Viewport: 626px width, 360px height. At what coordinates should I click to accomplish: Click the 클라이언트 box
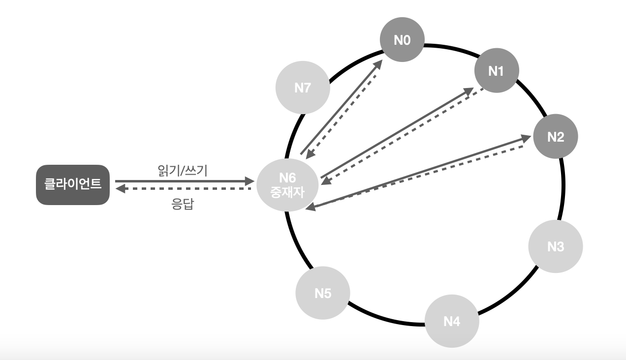point(72,185)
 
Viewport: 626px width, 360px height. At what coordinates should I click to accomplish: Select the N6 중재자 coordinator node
point(284,185)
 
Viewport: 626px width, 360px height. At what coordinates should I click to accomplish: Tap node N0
point(402,40)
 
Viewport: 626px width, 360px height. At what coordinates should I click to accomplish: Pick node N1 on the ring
point(496,71)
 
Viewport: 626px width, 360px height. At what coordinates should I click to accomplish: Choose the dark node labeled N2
point(556,137)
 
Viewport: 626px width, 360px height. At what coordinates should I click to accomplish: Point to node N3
point(556,246)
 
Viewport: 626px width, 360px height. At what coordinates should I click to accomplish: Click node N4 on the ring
point(451,321)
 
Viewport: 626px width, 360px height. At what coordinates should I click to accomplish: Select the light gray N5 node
point(322,294)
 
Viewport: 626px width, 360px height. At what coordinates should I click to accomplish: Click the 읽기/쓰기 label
point(181,171)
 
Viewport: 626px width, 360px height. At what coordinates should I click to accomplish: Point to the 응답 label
point(183,205)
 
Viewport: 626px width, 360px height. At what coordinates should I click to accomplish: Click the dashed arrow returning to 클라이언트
point(182,188)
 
